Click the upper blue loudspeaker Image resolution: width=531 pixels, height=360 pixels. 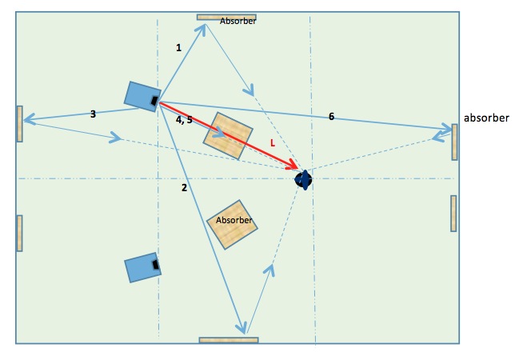coord(142,95)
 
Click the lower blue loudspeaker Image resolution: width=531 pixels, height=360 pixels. coord(143,267)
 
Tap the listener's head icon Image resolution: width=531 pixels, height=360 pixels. coord(303,180)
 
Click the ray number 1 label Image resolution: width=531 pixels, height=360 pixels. coord(178,48)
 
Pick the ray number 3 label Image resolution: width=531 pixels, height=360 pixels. coord(93,114)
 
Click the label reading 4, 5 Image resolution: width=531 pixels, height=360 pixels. coord(184,119)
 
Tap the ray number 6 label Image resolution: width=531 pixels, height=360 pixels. coord(331,117)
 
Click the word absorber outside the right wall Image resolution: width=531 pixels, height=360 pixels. coord(486,118)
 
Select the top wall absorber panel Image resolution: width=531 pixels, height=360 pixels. coord(226,17)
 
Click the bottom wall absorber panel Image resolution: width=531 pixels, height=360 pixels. coord(229,340)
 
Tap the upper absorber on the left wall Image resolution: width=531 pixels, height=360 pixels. coord(19,123)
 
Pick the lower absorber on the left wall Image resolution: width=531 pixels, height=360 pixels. coord(19,233)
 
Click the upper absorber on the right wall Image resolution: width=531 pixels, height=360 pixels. coord(454,142)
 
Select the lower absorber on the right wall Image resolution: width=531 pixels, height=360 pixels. coord(453,213)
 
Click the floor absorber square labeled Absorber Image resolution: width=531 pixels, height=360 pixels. coord(234,225)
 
